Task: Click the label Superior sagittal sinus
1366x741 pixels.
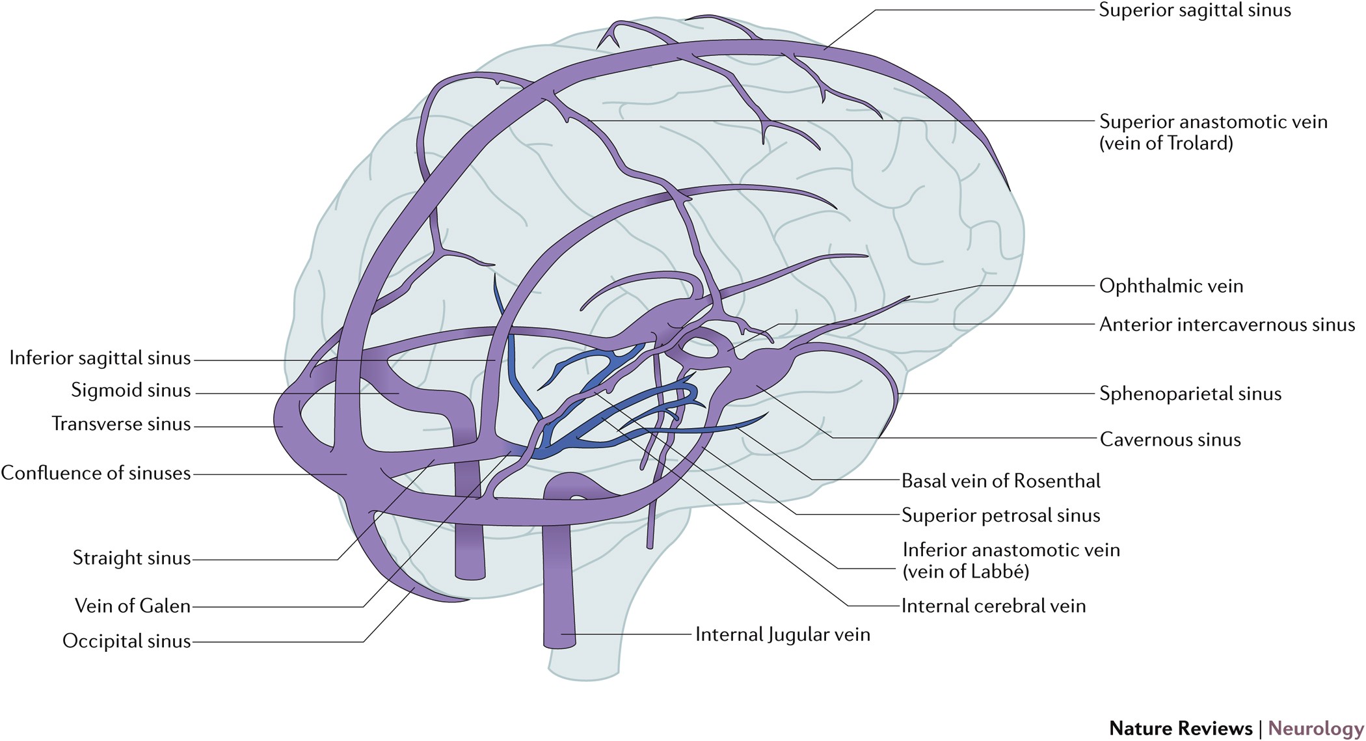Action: pos(1195,10)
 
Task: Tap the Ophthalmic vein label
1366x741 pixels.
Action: pos(1171,286)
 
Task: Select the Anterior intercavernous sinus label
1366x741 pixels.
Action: pos(1227,325)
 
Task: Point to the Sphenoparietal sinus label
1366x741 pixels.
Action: pos(1190,394)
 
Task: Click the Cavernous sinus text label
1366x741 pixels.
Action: pos(1170,440)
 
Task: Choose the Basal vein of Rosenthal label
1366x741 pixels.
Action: pos(1000,481)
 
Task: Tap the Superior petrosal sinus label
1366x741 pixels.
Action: pos(1000,516)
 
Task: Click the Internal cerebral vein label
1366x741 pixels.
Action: pos(993,606)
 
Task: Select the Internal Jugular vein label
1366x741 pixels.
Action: pos(783,635)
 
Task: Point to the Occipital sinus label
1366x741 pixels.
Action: pos(127,641)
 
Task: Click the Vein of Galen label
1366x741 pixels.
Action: pos(133,606)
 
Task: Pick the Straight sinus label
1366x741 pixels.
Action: pos(131,558)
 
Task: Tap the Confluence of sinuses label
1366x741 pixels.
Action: pos(96,473)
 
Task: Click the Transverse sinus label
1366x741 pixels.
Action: pos(122,424)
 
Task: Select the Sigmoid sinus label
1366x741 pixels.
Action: pos(131,390)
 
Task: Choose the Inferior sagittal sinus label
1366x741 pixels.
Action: pos(100,358)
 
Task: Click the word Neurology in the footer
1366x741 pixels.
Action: pos(1315,728)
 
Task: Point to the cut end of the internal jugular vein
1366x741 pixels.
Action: pos(559,643)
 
